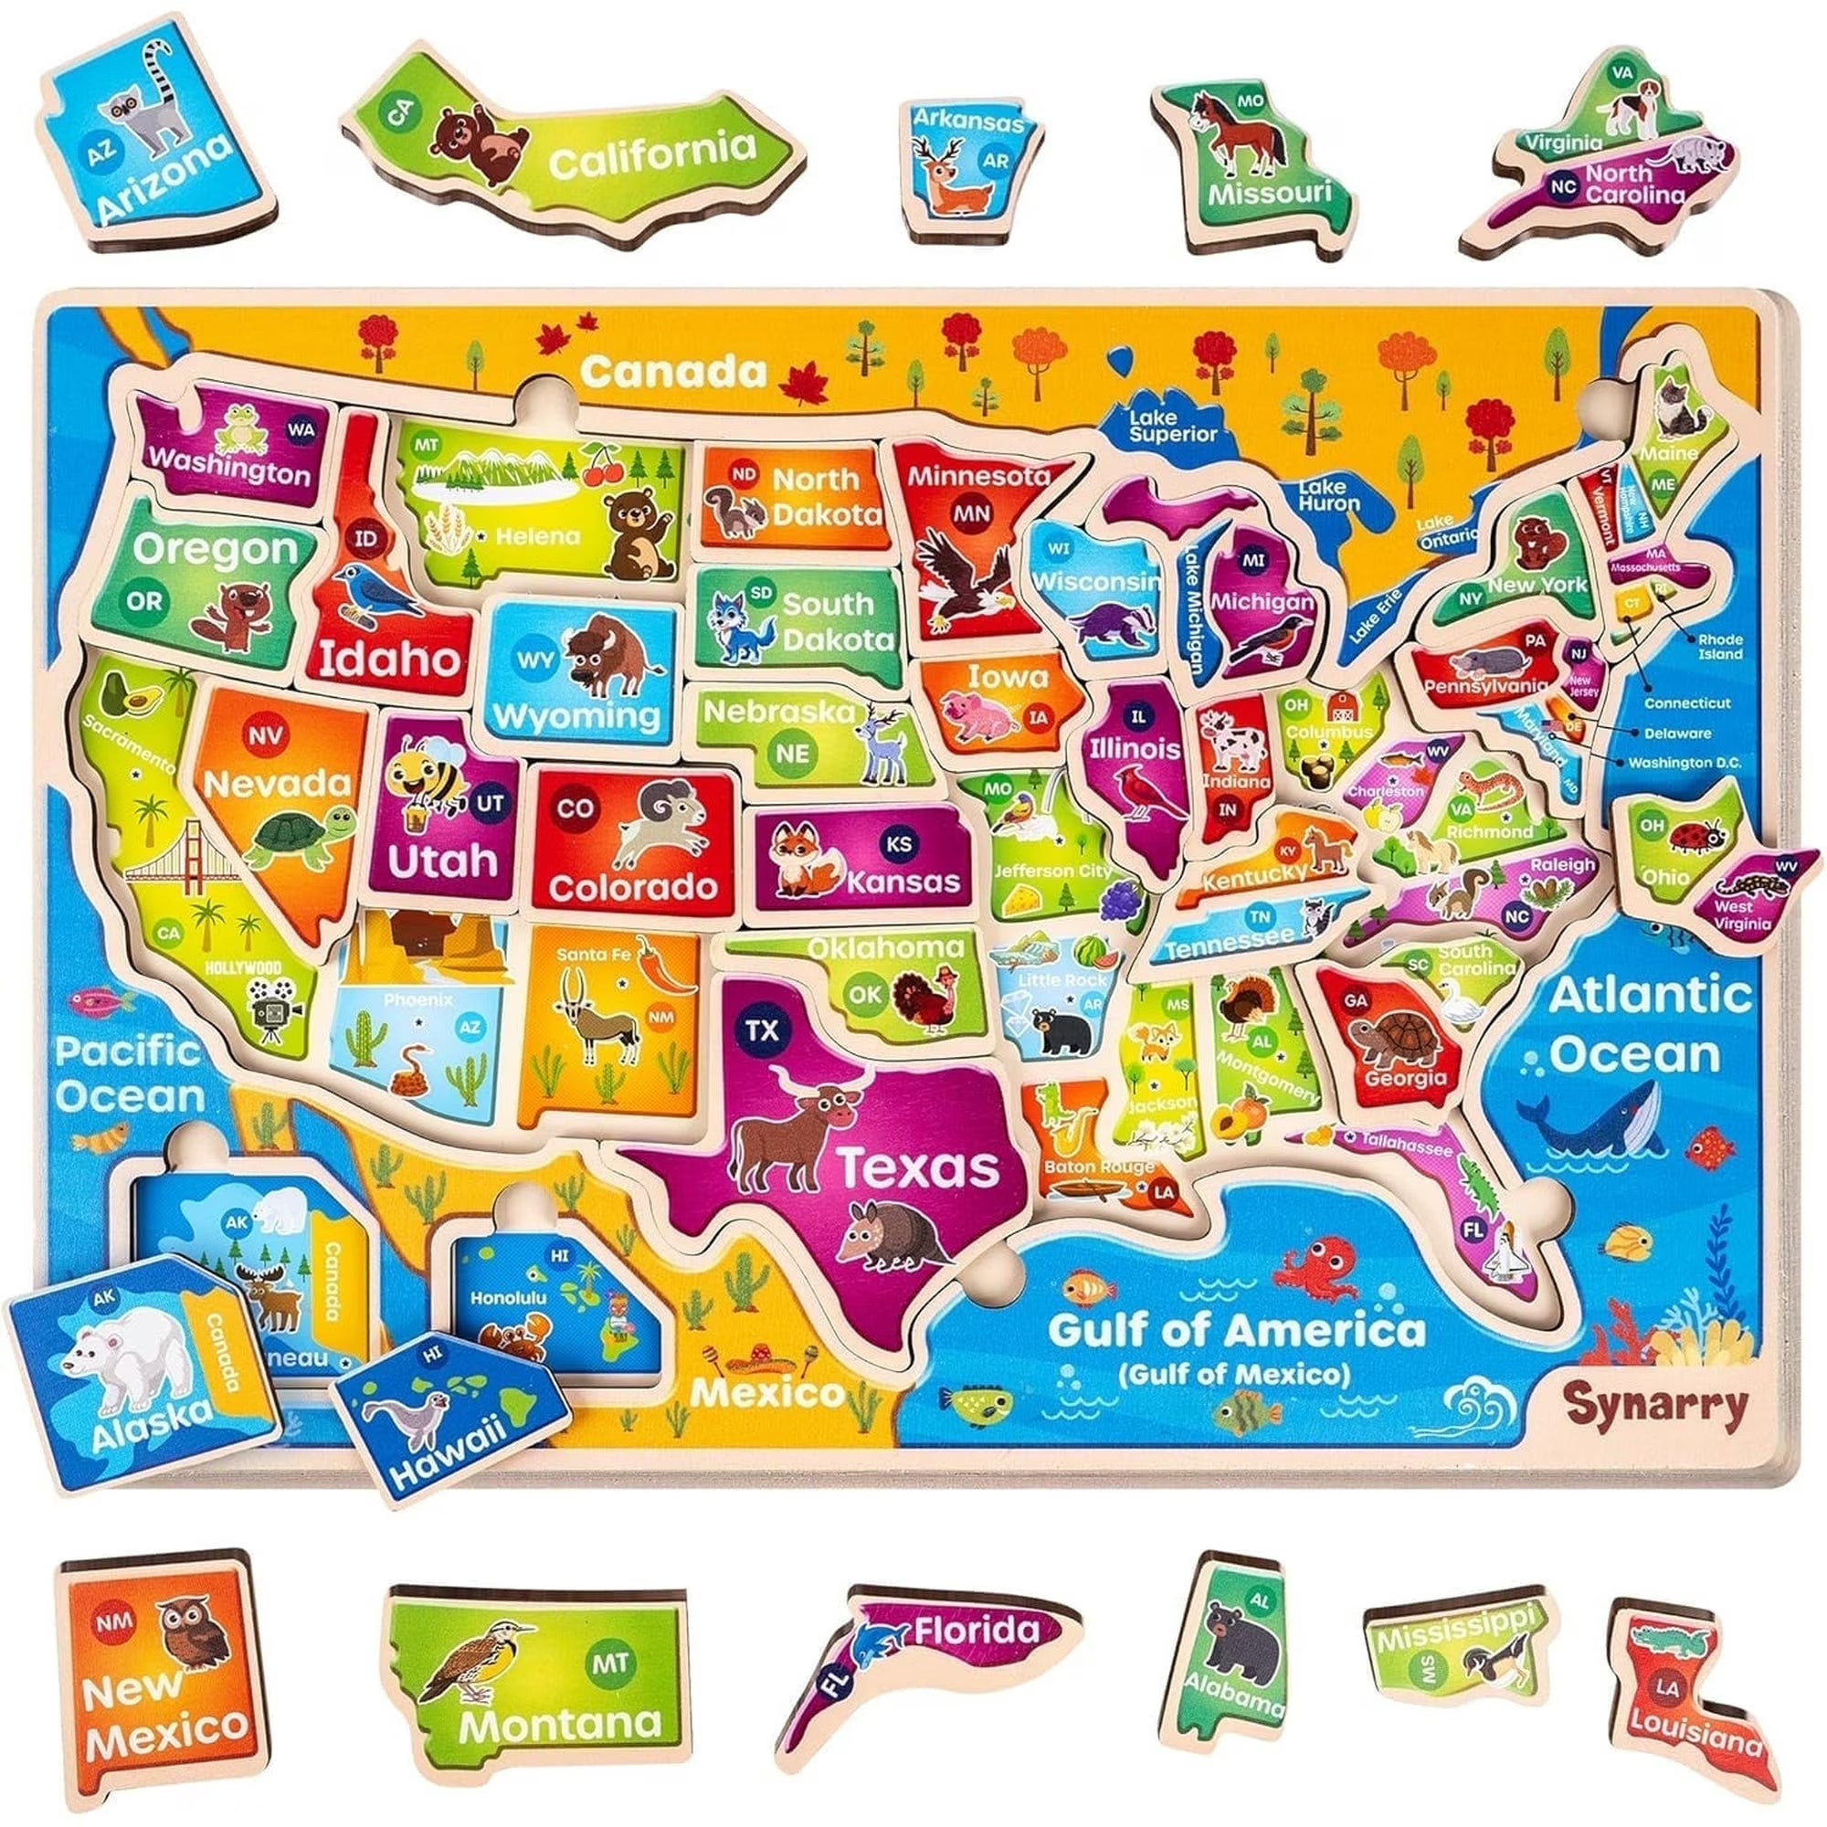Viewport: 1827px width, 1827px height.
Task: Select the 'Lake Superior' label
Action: (x=1173, y=426)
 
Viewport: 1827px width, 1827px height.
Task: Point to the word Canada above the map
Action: (x=673, y=372)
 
